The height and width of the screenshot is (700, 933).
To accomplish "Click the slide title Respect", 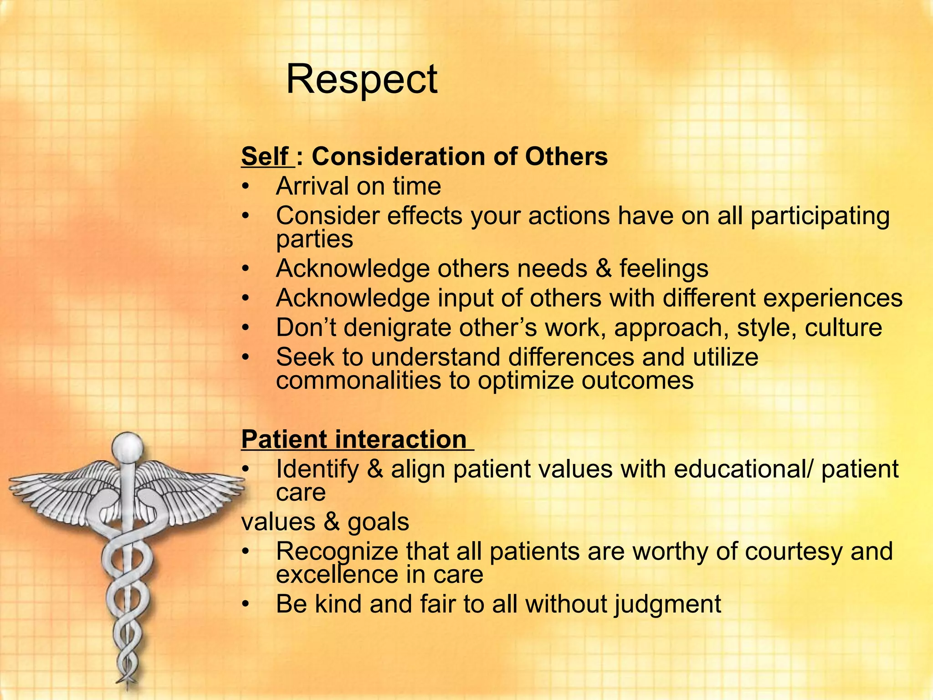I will click(x=361, y=80).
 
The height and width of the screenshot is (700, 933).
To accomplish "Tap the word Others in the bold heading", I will click(x=566, y=156).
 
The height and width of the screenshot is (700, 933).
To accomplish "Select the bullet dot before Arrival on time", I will click(x=246, y=186).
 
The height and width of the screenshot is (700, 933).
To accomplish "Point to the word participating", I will click(x=820, y=216).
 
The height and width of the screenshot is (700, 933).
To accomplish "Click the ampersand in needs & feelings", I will click(x=603, y=268).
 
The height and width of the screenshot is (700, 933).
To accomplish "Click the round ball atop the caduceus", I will click(x=128, y=447).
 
